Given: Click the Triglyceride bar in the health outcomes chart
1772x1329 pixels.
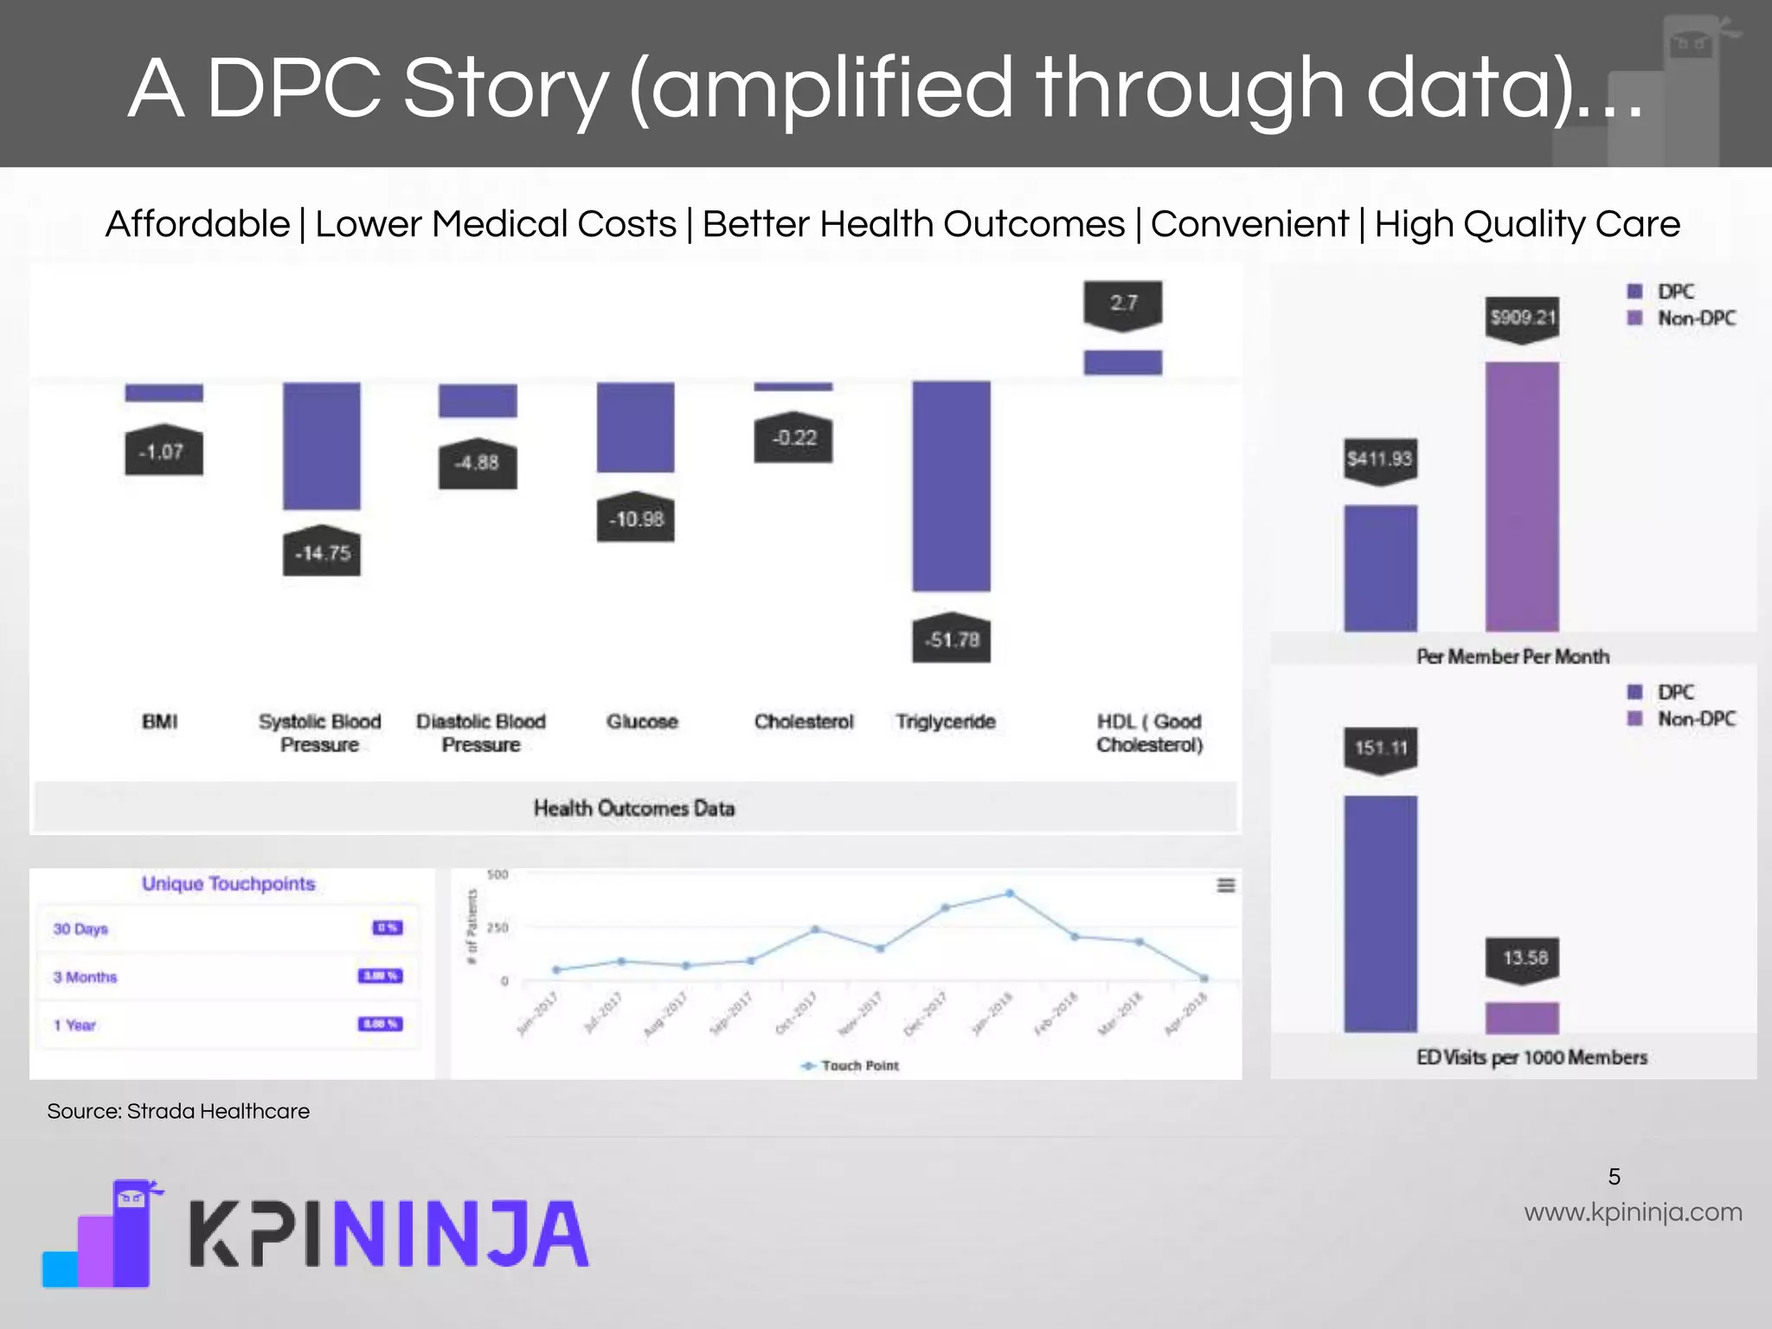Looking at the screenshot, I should [x=951, y=486].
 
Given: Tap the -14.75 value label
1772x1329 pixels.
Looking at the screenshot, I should [x=322, y=553].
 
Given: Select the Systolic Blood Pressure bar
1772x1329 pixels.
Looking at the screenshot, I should [x=322, y=445].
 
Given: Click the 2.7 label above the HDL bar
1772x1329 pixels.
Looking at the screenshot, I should [x=1122, y=303].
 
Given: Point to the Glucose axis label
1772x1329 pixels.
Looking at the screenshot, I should [x=642, y=722].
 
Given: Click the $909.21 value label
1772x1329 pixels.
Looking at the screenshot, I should [x=1522, y=318].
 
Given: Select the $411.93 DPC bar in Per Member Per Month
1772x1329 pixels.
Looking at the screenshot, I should [x=1380, y=568].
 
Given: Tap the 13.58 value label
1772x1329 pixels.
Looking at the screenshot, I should [x=1523, y=958].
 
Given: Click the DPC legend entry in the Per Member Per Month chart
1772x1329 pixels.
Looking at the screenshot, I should [x=1662, y=292].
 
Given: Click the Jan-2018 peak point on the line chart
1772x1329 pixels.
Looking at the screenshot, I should [x=1010, y=893].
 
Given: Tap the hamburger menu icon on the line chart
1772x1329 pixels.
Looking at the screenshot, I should [x=1226, y=885].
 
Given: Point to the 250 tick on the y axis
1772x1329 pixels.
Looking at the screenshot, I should [x=498, y=928].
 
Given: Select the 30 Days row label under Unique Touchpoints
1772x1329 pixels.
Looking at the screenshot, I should [x=80, y=928].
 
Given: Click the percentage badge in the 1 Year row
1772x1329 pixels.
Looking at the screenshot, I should [x=380, y=1024].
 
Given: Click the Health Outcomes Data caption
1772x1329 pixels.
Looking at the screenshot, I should [x=634, y=808].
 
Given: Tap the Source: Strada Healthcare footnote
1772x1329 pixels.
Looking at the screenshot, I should [x=178, y=1111].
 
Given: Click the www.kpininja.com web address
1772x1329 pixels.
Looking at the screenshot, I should [x=1633, y=1212].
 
